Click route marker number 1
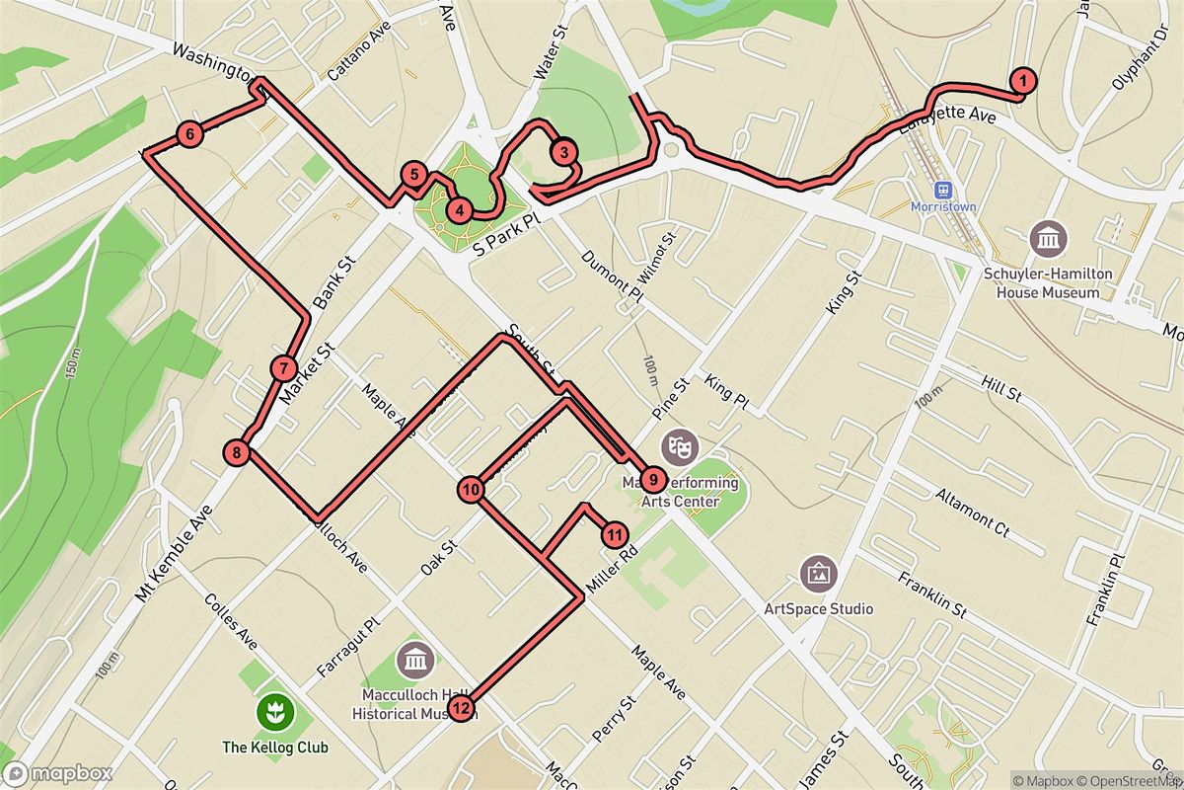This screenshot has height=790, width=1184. [1024, 81]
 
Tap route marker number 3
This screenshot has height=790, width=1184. [562, 152]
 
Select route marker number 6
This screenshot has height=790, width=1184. [189, 134]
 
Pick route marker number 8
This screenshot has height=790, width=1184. [237, 453]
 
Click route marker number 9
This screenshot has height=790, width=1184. [651, 480]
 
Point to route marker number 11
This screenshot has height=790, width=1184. [614, 535]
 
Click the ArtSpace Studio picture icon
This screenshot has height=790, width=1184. [819, 572]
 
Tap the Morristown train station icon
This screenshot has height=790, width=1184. [944, 189]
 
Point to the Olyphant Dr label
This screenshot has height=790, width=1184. [1132, 71]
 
